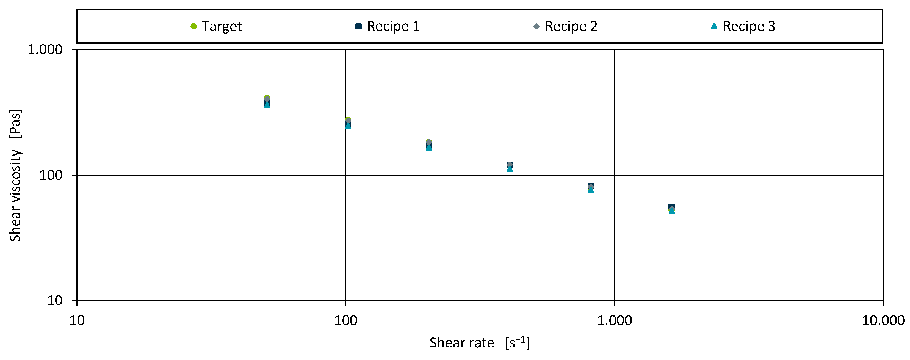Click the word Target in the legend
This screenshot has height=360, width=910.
222,26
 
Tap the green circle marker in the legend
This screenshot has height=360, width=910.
193,26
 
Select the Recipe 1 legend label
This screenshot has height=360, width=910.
393,26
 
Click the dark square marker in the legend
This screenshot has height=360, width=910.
359,26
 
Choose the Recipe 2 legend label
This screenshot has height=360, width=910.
571,26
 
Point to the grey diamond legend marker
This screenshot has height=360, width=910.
536,26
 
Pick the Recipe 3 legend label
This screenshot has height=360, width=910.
749,26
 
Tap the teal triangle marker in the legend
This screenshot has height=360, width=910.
714,26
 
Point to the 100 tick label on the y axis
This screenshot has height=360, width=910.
51,175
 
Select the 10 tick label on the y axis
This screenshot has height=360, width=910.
55,301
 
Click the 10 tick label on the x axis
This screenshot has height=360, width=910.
77,321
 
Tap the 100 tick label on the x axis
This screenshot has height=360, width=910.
345,321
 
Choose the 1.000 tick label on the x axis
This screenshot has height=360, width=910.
614,321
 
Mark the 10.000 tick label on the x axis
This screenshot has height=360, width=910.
883,321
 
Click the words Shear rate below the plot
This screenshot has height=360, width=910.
461,343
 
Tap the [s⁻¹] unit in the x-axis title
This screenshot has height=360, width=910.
517,343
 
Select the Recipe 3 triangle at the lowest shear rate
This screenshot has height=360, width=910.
267,105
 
